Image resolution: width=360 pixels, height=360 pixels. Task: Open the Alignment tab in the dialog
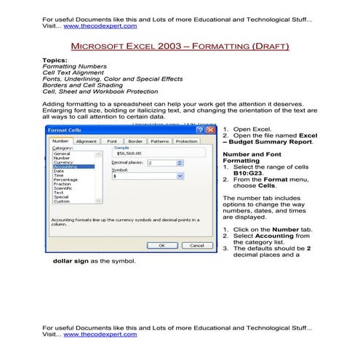(87, 141)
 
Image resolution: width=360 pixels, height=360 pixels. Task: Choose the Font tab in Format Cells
(112, 141)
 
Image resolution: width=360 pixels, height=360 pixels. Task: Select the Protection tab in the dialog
(186, 141)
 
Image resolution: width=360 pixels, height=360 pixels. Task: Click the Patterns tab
(159, 141)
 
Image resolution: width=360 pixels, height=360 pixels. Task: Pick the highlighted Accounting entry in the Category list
(65, 167)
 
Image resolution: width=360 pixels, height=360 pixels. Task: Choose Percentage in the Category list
(66, 179)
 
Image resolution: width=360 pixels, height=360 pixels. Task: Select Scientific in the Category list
(65, 188)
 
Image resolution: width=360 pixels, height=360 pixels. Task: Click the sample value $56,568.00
(128, 154)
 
